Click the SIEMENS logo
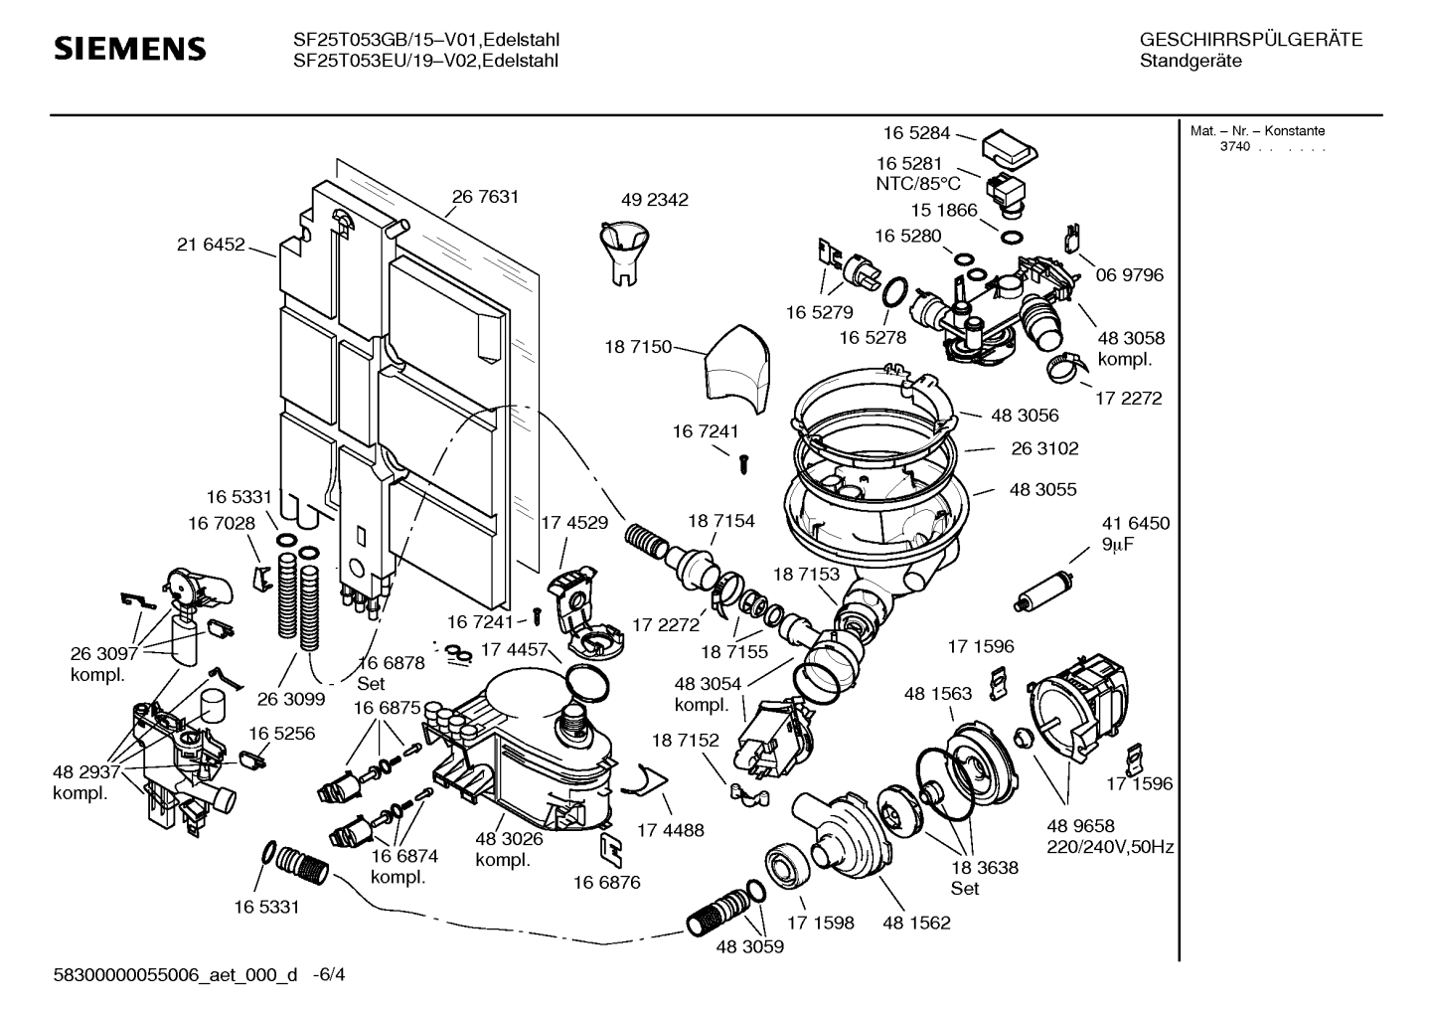click(x=129, y=49)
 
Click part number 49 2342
click(x=654, y=200)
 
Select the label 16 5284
click(x=916, y=132)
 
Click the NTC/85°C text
click(x=917, y=184)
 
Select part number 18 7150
click(x=638, y=347)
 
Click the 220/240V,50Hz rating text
click(x=1110, y=847)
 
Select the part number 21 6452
click(x=211, y=245)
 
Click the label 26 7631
click(x=485, y=197)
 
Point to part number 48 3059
click(x=749, y=946)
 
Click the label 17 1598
click(x=820, y=923)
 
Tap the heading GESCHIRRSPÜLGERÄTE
click(x=1250, y=40)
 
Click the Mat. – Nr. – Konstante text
click(x=1257, y=131)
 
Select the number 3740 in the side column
click(x=1235, y=147)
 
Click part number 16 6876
click(x=606, y=882)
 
